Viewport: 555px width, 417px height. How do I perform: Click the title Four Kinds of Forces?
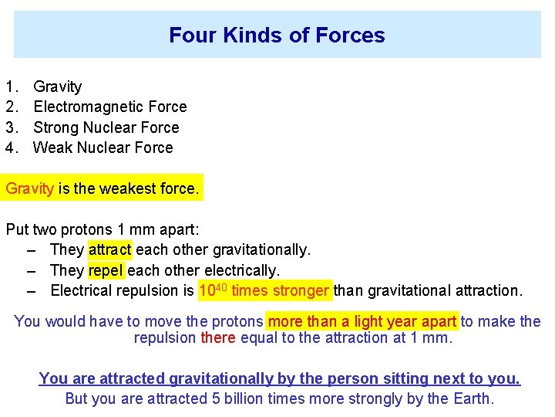(x=277, y=36)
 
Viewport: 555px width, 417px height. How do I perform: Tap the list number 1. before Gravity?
(x=11, y=87)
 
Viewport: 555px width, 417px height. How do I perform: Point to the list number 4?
(x=11, y=147)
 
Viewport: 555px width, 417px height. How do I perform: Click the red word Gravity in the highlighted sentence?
(x=30, y=188)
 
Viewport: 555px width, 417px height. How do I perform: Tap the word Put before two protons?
(x=18, y=229)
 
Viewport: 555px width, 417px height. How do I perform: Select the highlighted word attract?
(x=110, y=250)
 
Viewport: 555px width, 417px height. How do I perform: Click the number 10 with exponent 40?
(x=210, y=291)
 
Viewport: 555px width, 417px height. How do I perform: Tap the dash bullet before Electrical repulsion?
(x=32, y=291)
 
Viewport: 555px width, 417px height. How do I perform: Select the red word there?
(x=218, y=338)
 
